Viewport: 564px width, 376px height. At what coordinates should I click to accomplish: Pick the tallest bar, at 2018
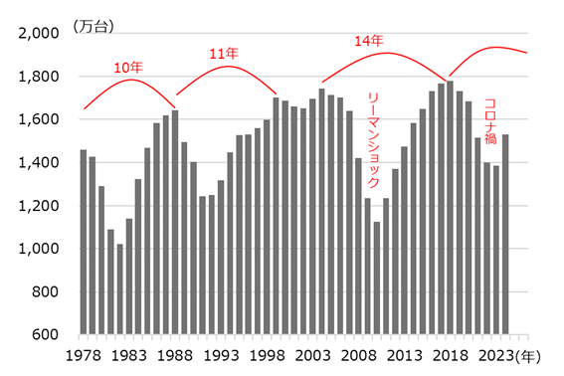tap(451, 208)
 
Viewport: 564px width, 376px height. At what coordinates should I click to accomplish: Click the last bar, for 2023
tap(505, 234)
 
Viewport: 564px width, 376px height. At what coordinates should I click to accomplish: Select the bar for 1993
tap(221, 258)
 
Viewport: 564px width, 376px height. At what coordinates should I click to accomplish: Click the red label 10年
tap(127, 68)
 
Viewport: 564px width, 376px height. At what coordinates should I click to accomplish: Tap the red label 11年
tap(224, 53)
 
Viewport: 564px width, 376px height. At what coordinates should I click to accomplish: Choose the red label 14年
tap(370, 41)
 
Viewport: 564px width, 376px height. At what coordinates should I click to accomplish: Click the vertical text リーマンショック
tap(374, 139)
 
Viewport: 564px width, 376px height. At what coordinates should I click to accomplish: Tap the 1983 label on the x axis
tap(128, 356)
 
